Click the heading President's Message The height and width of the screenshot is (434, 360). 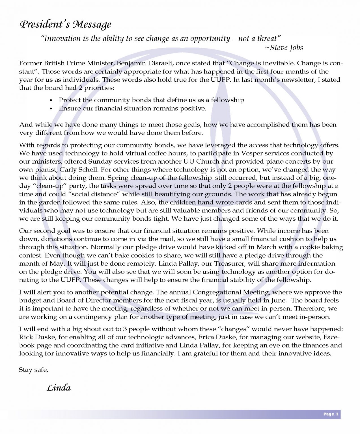[65, 25]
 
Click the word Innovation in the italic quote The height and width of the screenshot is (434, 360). [62, 38]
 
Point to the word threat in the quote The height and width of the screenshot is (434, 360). [267, 38]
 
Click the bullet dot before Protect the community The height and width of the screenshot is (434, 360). [51, 100]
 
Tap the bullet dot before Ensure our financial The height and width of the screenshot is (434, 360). [51, 108]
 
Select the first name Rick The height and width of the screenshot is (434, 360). [26, 337]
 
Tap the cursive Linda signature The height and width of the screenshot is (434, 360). [59, 388]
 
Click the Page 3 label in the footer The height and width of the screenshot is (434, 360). [331, 414]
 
